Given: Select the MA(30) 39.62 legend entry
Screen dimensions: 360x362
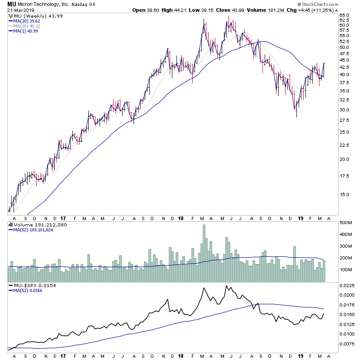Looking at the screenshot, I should point(28,20).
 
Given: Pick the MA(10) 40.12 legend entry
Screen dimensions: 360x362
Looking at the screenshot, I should point(28,26).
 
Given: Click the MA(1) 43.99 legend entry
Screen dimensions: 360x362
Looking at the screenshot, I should point(26,31).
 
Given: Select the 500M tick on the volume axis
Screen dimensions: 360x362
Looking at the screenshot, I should point(347,223).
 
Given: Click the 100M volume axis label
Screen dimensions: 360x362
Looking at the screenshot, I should point(347,270).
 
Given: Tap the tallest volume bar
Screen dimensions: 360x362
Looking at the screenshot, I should point(204,254).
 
